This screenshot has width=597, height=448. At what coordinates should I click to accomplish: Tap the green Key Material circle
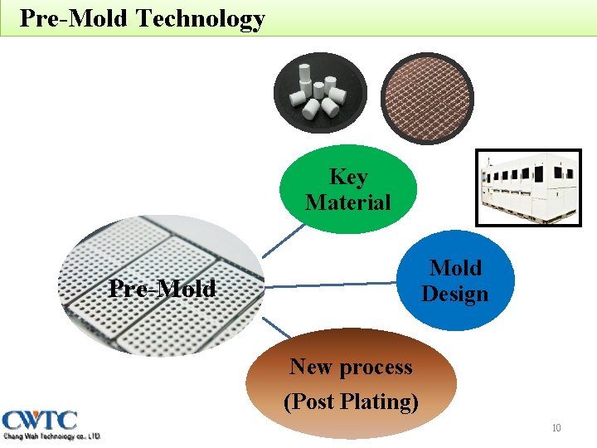click(347, 189)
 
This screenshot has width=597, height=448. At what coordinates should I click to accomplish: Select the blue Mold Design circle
click(455, 280)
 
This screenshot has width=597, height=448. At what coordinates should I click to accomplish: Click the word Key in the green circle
click(348, 177)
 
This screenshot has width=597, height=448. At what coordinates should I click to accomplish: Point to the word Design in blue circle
click(455, 294)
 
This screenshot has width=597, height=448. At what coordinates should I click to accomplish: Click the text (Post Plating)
click(351, 402)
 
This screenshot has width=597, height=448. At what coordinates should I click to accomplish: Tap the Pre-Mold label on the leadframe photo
click(163, 289)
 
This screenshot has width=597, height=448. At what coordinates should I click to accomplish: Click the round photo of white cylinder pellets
click(318, 93)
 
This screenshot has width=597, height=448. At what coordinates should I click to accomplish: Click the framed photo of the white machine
click(527, 187)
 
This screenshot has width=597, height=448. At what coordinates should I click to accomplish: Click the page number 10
click(556, 428)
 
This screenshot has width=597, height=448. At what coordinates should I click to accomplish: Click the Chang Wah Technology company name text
click(51, 436)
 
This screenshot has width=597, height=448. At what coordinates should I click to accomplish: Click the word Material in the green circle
click(348, 202)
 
